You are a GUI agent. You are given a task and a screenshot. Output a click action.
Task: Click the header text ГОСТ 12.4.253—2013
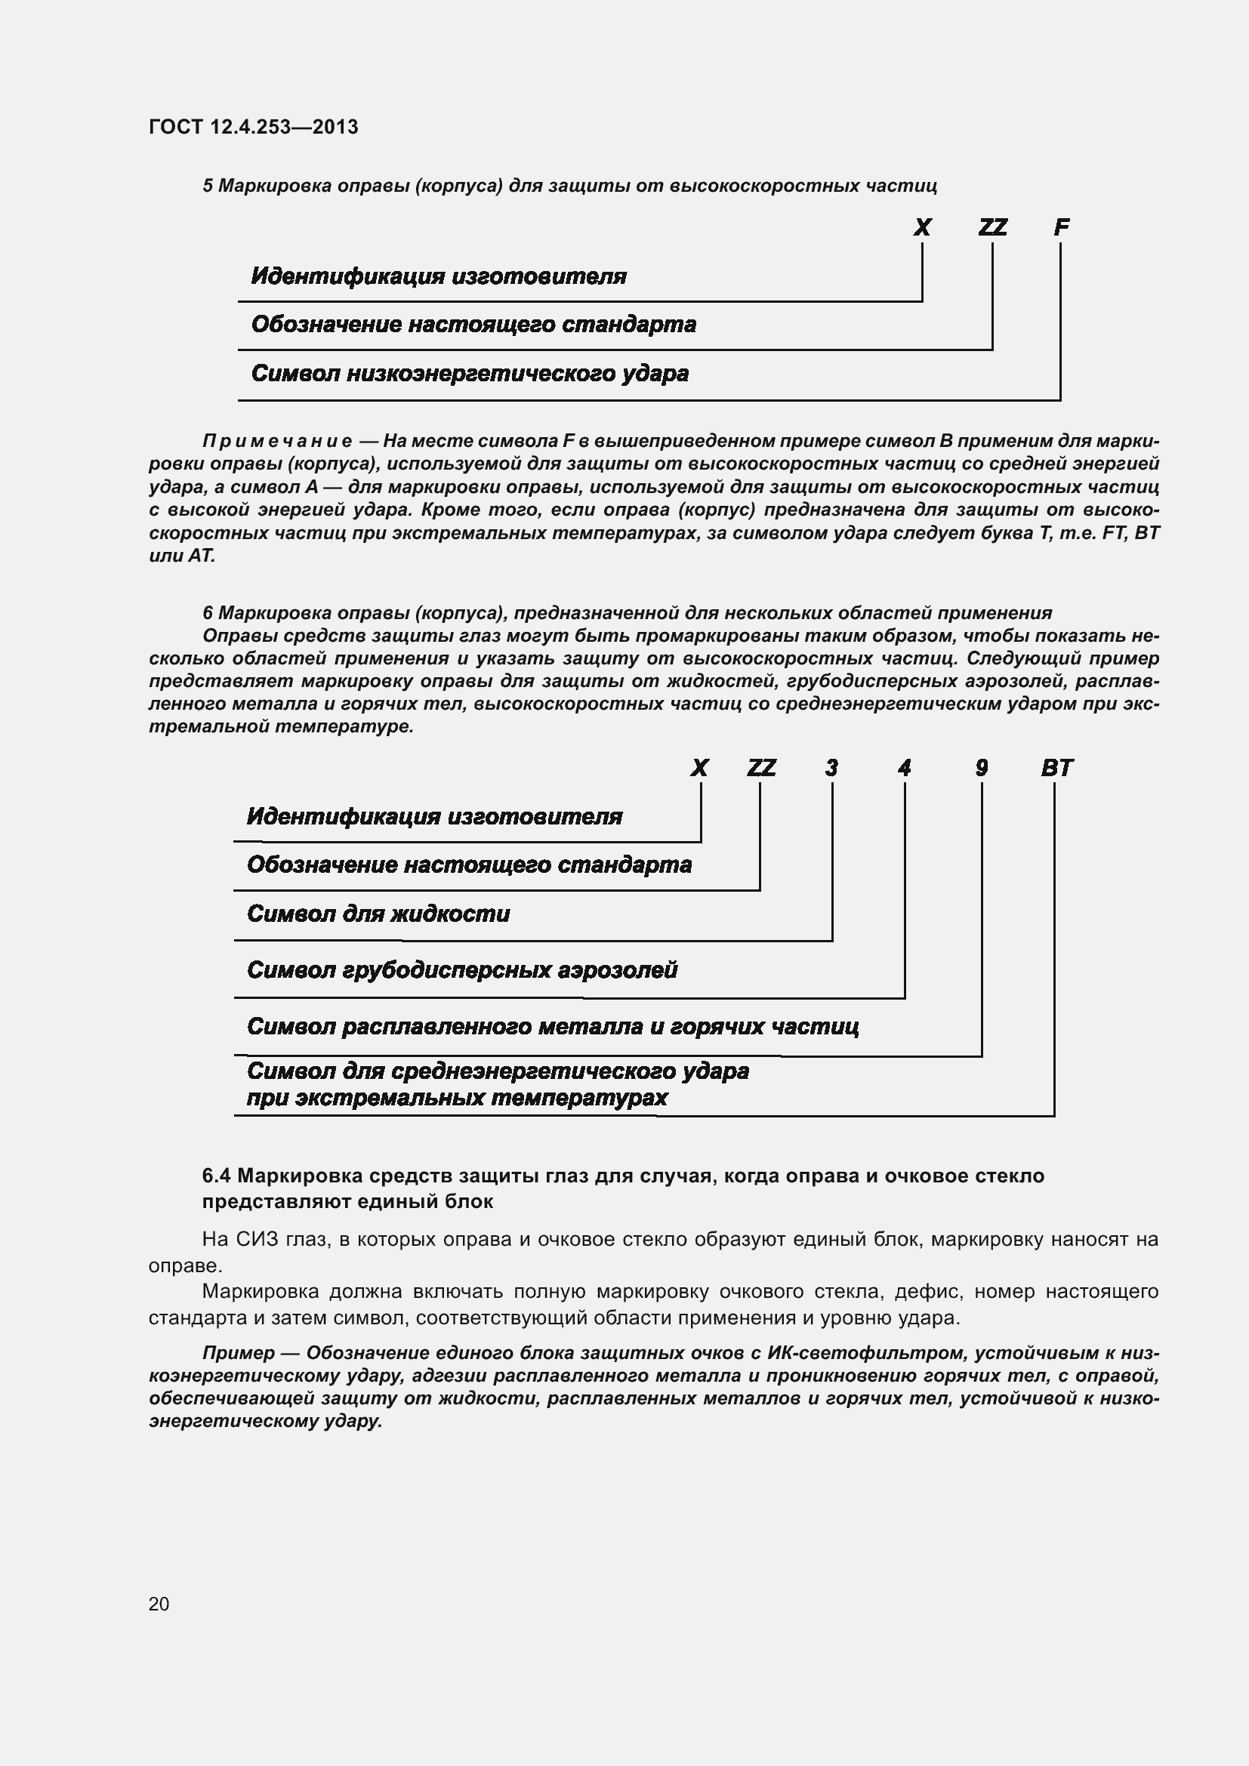click(253, 127)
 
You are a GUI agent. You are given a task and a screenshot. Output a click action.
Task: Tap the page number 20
click(159, 1604)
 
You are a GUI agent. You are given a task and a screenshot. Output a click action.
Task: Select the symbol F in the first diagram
click(1061, 227)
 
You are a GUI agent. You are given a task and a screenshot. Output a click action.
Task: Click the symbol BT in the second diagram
click(1056, 768)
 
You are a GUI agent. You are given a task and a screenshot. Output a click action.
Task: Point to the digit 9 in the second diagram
click(982, 768)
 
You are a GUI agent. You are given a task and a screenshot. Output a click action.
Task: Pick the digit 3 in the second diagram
click(831, 768)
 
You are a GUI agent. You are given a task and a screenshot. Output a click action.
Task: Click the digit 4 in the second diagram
click(905, 768)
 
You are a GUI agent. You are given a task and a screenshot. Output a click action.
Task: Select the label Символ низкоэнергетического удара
click(469, 374)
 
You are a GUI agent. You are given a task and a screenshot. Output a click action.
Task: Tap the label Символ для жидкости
click(378, 914)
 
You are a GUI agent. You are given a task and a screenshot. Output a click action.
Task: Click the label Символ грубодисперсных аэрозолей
click(461, 970)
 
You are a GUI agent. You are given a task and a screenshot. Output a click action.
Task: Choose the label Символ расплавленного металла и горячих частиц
click(552, 1026)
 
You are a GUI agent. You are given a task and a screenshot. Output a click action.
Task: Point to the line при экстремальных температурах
click(457, 1098)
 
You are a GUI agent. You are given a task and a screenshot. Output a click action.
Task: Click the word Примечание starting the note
click(277, 442)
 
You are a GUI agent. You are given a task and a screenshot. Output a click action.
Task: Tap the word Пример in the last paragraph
click(239, 1331)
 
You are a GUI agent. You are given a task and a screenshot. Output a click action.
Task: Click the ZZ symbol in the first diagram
click(992, 227)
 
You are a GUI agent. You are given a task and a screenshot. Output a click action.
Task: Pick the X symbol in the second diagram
click(699, 768)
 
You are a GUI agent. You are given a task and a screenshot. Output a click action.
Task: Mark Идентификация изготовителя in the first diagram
click(439, 276)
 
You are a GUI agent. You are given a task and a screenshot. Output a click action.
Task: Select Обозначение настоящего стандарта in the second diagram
click(469, 865)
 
